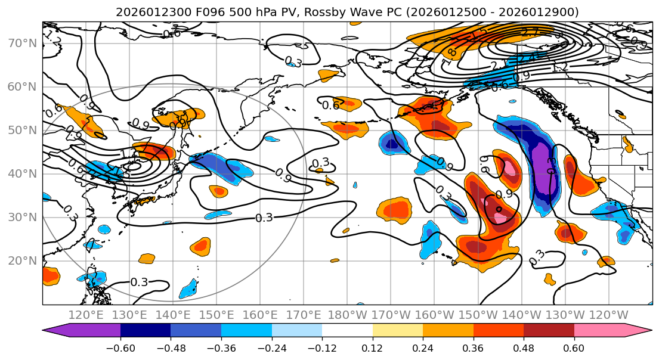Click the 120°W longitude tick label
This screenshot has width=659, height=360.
click(x=608, y=315)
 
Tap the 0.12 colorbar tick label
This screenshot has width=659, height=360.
click(x=372, y=347)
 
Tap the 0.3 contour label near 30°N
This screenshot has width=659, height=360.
click(x=264, y=218)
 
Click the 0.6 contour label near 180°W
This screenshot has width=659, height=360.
click(x=330, y=105)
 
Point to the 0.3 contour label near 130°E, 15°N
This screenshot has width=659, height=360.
click(x=139, y=282)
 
